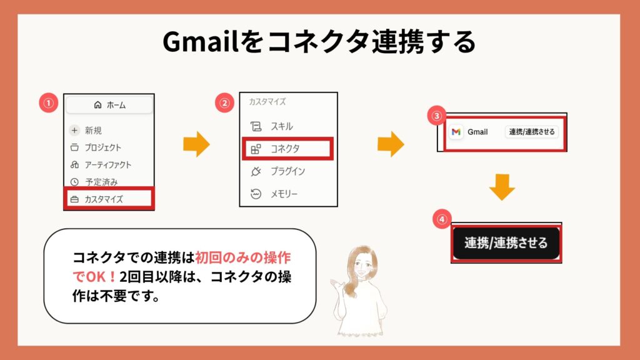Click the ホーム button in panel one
click(x=109, y=105)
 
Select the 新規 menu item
click(x=86, y=130)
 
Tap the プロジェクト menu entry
click(x=96, y=147)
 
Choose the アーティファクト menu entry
click(x=101, y=164)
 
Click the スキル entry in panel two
click(x=271, y=126)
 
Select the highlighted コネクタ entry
click(x=287, y=149)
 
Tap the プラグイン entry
click(x=277, y=171)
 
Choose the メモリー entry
click(x=274, y=194)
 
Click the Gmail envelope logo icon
click(x=456, y=132)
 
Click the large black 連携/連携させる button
click(x=506, y=243)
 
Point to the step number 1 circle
click(x=49, y=103)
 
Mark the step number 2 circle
click(x=224, y=103)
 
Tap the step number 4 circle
click(x=442, y=219)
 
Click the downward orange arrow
click(x=502, y=187)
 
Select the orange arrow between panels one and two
click(x=196, y=144)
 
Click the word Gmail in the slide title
click(x=200, y=42)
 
